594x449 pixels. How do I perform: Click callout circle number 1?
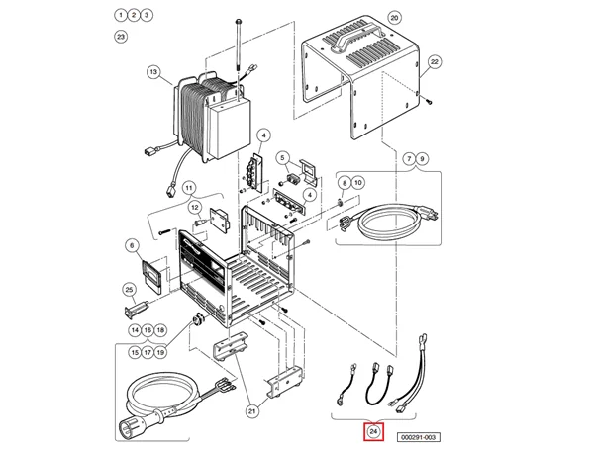tap(121, 16)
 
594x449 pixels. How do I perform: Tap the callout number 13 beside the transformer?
tap(152, 71)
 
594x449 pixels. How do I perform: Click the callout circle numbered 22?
tap(433, 61)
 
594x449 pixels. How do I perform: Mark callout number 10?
tap(359, 183)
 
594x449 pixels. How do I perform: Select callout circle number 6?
tap(131, 245)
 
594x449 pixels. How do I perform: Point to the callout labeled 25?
tap(129, 289)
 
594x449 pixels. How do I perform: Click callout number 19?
tap(160, 351)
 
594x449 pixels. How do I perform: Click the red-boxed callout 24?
tap(373, 432)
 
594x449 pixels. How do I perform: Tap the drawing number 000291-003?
tap(420, 435)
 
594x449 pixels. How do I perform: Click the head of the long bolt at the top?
tap(240, 21)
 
